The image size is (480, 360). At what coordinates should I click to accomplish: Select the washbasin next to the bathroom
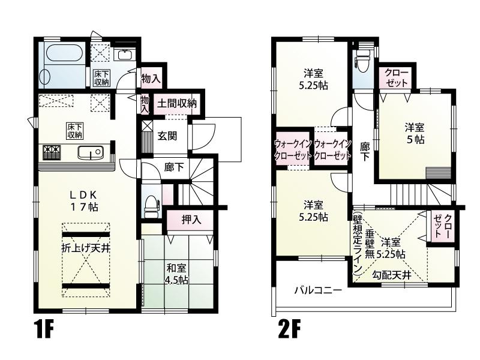[x=125, y=55]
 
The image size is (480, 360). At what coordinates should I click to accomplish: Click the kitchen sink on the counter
[x=91, y=152]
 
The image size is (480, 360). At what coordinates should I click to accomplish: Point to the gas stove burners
[x=52, y=152]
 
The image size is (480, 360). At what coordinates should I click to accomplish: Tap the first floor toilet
[x=151, y=206]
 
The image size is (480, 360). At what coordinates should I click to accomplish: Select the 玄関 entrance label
[x=167, y=136]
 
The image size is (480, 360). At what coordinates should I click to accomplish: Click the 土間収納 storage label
[x=176, y=104]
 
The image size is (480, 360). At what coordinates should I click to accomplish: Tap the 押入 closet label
[x=191, y=220]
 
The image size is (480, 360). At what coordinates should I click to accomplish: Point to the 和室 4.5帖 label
[x=177, y=274]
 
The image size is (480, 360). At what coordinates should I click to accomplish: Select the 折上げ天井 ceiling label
[x=86, y=248]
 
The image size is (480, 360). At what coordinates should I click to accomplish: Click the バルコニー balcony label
[x=318, y=290]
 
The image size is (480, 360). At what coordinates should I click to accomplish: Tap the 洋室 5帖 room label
[x=415, y=133]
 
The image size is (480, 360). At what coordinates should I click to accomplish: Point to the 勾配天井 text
[x=391, y=275]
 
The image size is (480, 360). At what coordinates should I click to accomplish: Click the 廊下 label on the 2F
[x=364, y=152]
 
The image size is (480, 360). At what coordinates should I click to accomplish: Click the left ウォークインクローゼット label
[x=294, y=149]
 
